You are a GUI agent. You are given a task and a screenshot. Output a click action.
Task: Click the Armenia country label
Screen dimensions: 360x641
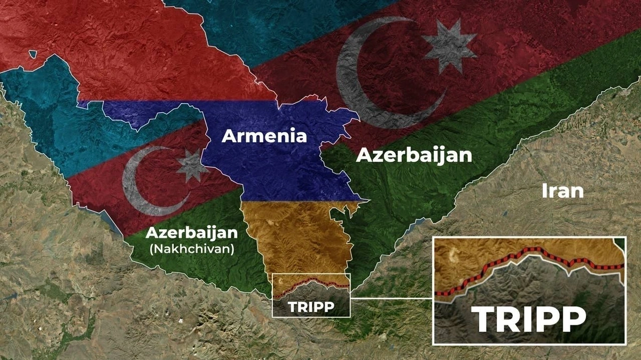[x=264, y=136]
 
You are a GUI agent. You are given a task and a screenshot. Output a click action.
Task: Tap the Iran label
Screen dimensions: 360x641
[x=562, y=191]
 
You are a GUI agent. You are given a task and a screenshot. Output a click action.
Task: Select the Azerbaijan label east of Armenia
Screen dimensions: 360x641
[x=414, y=155]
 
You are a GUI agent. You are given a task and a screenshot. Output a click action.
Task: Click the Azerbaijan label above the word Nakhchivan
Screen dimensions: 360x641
[x=191, y=233]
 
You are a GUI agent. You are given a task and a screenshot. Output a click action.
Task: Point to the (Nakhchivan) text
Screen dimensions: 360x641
[x=192, y=248]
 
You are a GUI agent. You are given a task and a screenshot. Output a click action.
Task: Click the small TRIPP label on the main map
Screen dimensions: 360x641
[x=311, y=307]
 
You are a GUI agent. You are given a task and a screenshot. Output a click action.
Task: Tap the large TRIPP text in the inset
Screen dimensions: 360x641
[x=528, y=319]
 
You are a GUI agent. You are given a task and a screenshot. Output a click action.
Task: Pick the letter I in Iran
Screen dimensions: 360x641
[x=544, y=191]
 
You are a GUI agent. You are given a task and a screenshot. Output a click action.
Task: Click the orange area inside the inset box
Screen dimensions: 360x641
[x=481, y=256]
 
